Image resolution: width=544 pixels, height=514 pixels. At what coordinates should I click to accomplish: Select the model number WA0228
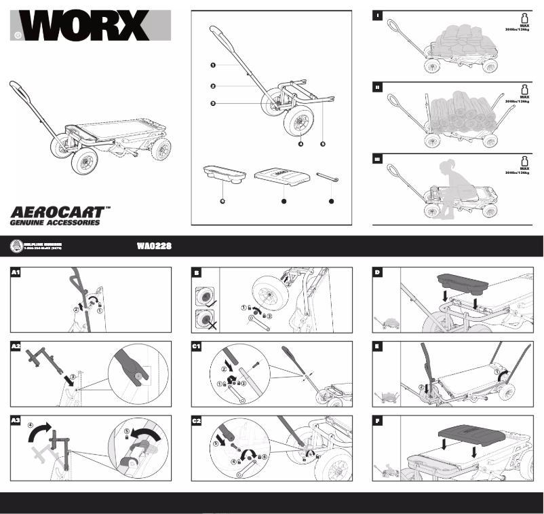pyautogui.click(x=153, y=246)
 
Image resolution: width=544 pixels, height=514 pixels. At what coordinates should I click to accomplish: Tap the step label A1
pyautogui.click(x=17, y=274)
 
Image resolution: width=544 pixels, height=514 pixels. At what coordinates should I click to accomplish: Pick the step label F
pyautogui.click(x=378, y=421)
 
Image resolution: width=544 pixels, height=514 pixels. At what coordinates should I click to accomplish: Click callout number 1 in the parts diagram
pyautogui.click(x=212, y=65)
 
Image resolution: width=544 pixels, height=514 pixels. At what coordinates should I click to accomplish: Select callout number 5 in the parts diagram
pyautogui.click(x=323, y=144)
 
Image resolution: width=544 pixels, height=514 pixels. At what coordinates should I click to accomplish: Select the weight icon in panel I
pyautogui.click(x=524, y=18)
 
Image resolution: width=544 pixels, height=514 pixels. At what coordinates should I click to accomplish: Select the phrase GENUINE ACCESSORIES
pyautogui.click(x=54, y=222)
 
